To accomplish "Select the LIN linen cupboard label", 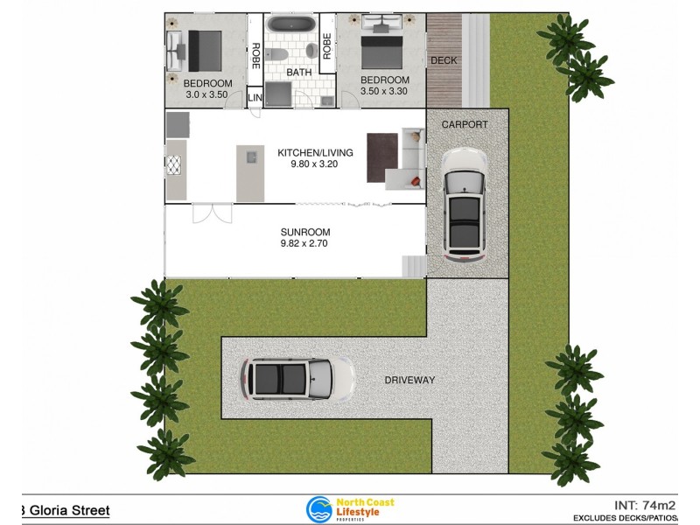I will coord(255,98).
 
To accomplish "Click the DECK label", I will coord(443,60).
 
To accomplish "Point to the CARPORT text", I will coord(465,125).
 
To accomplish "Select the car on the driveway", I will coord(297,379).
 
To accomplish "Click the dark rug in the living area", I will coord(382,157).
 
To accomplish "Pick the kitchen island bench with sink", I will coord(250,172).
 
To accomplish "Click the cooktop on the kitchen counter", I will coord(174,165).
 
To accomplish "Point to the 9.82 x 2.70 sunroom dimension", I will coord(305,245).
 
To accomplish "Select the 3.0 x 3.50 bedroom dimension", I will coord(206,94).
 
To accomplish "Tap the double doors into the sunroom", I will coord(213,213).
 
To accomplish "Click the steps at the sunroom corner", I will coord(413,265).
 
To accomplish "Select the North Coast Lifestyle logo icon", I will coord(318,509).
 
